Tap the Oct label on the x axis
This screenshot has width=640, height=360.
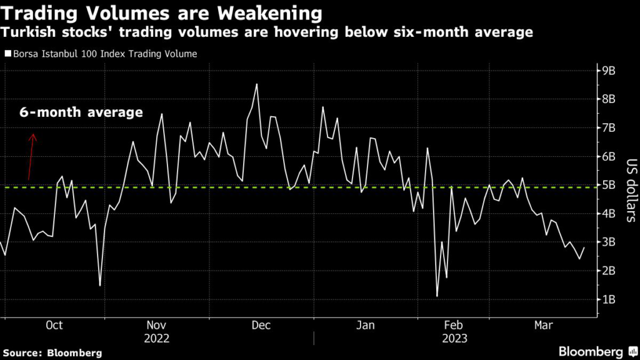54,325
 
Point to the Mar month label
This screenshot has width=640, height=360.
542,325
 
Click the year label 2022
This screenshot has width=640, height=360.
157,338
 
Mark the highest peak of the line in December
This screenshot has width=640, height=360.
257,84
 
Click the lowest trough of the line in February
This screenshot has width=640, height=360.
437,296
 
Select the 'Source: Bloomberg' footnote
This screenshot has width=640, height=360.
51,353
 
